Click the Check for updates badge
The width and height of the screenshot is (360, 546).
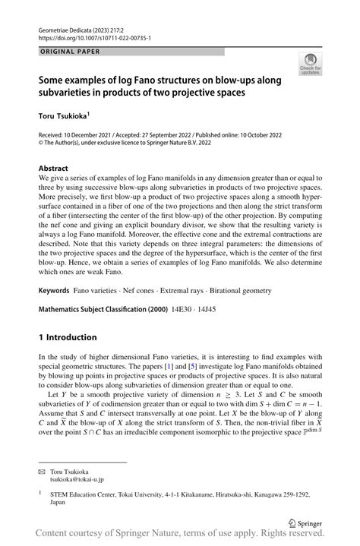tap(310, 65)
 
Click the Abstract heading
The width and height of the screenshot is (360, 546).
tap(54, 168)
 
